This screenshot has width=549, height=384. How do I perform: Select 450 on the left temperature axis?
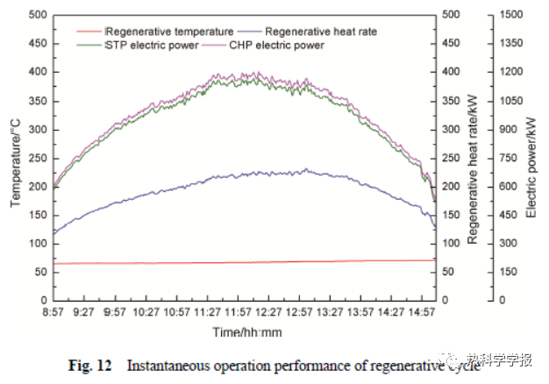(38, 44)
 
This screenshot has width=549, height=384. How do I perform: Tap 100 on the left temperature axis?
(38, 243)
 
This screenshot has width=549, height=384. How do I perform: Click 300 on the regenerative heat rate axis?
(449, 129)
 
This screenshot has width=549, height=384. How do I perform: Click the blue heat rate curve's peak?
(305, 169)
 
